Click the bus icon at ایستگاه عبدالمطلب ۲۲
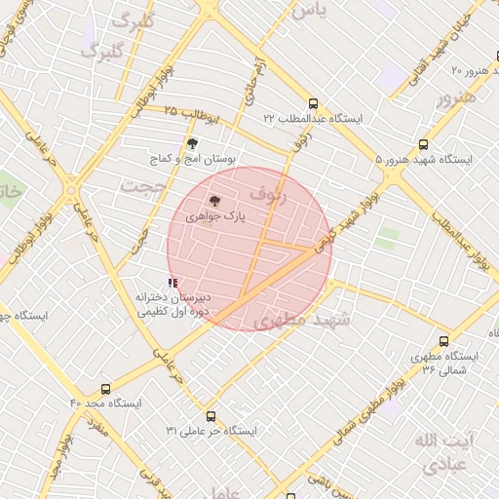coord(312,103)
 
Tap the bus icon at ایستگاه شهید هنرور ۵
coord(422,143)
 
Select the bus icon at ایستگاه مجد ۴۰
coord(105,388)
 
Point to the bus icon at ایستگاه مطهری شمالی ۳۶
coord(444,342)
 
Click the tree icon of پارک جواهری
coord(214,199)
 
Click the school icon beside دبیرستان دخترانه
coord(173,283)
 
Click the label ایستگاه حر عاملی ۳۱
coord(211,430)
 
